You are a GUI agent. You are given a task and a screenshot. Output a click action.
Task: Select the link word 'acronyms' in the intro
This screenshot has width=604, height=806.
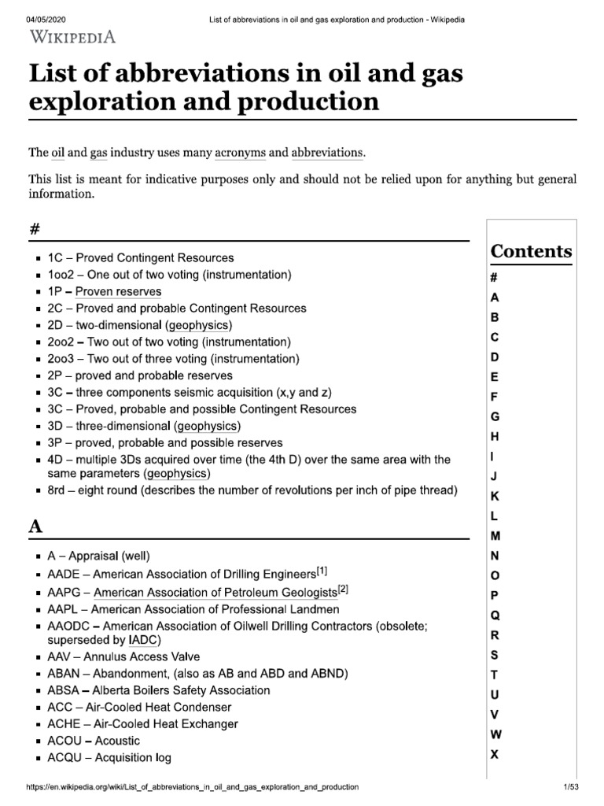pos(240,152)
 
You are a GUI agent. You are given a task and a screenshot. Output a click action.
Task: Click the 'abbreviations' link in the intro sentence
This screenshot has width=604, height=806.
pos(328,152)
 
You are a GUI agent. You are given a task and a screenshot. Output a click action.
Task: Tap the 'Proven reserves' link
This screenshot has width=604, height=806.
pos(118,291)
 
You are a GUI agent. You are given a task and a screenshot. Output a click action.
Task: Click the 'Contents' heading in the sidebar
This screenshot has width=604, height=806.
pos(532,252)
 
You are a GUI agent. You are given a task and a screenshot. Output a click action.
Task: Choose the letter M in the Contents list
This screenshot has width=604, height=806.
pos(495,535)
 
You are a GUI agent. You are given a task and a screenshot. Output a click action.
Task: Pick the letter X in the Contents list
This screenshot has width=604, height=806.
pos(495,754)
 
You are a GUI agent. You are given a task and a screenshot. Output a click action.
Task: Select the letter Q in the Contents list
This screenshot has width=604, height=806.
pos(495,615)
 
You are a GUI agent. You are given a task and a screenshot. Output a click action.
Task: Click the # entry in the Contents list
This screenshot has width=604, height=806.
pos(495,278)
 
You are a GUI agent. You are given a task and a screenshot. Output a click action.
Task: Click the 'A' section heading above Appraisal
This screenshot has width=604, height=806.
pos(35,527)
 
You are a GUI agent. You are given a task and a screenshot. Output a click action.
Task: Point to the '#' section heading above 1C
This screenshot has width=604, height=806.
pos(35,229)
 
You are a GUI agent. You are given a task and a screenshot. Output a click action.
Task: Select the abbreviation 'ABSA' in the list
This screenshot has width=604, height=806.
pos(64,690)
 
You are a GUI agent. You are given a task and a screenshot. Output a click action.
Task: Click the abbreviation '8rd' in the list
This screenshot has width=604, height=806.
pos(58,490)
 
